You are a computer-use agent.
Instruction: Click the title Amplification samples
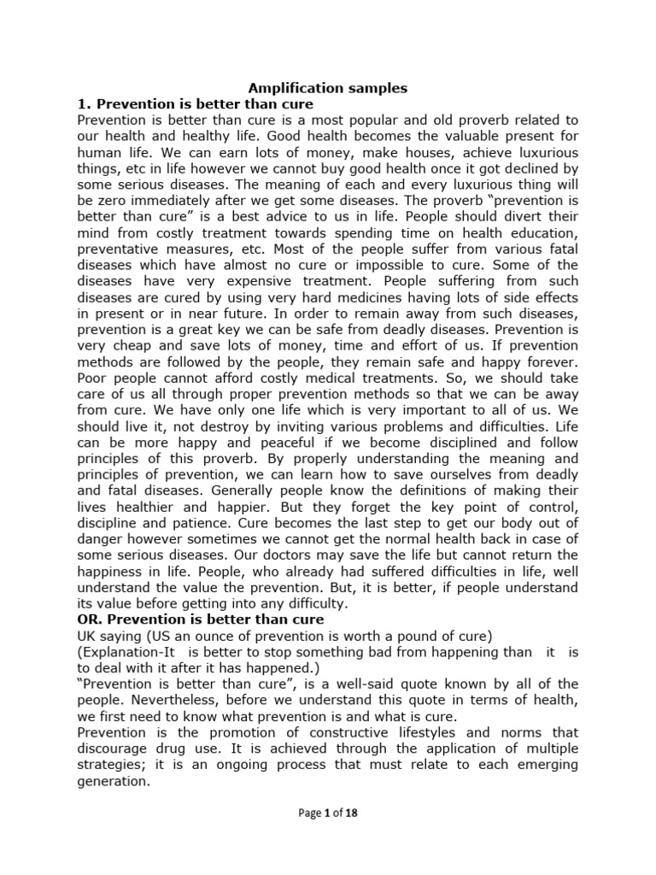click(327, 87)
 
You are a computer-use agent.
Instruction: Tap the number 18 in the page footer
click(351, 813)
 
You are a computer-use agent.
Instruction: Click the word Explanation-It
click(125, 652)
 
